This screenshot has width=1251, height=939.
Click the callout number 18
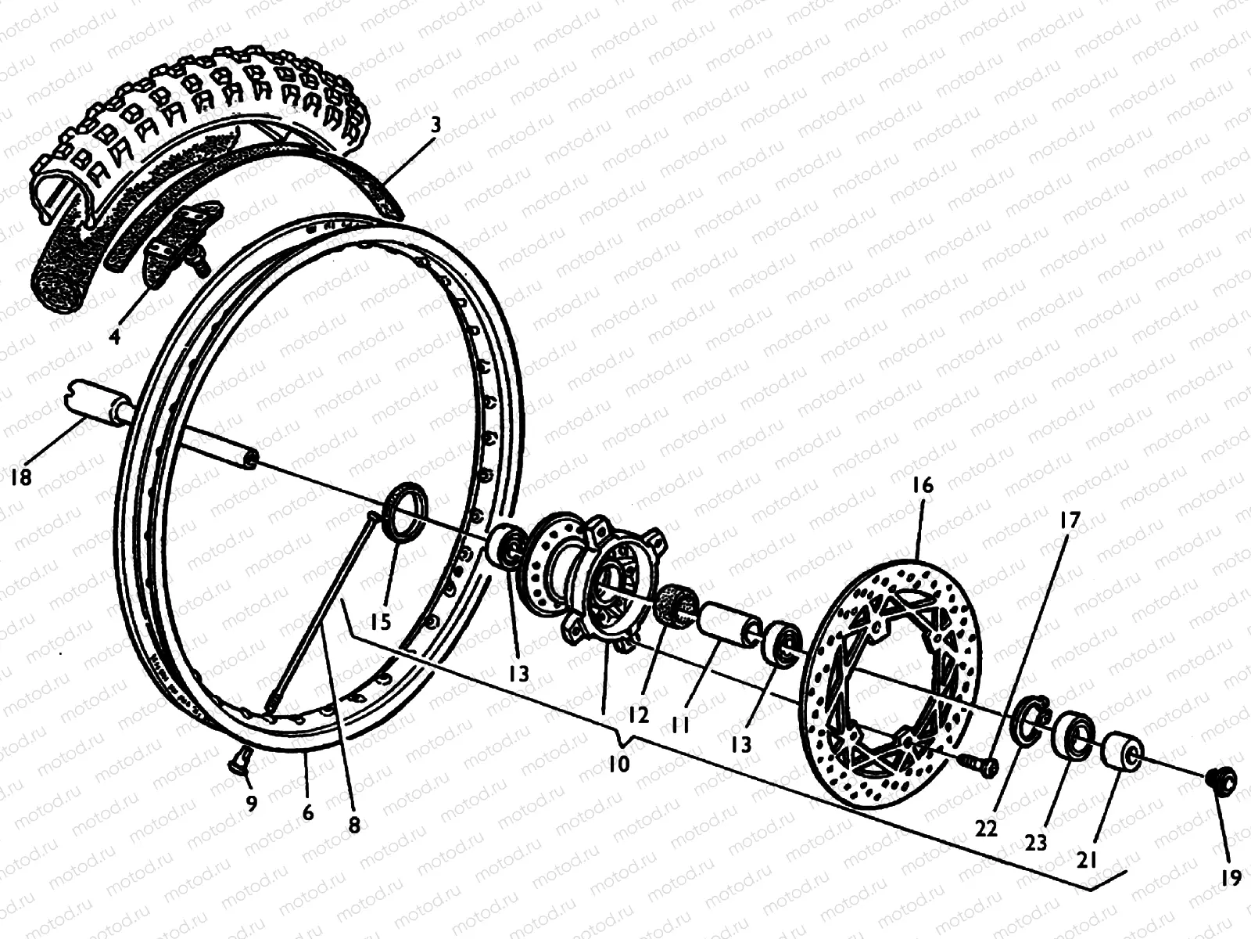pos(21,476)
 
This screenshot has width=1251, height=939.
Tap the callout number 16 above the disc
pos(923,485)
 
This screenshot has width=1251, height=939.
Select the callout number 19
pos(1231,878)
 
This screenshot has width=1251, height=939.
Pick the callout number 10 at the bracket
pos(618,763)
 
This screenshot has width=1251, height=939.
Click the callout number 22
pos(987,828)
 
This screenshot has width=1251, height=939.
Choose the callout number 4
pos(115,336)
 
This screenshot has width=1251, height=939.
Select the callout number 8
pos(354,825)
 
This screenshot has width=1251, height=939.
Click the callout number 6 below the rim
pos(307,812)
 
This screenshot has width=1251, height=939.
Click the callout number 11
pos(680,726)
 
